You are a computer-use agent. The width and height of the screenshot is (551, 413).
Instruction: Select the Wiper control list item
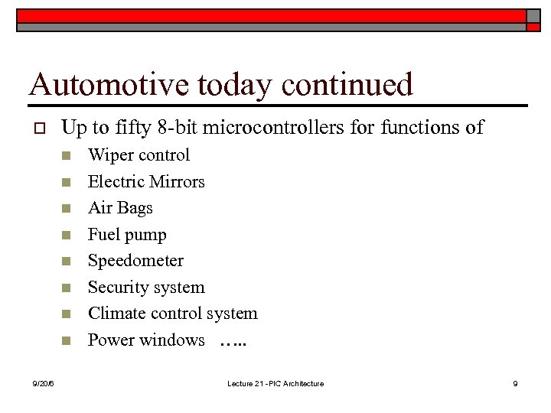(139, 155)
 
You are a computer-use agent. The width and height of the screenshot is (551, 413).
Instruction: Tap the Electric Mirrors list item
(146, 182)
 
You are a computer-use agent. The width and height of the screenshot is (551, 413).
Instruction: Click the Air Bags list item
(120, 208)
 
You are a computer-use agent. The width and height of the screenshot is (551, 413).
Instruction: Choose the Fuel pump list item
(127, 235)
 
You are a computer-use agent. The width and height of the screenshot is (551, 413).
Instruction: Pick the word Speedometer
(135, 261)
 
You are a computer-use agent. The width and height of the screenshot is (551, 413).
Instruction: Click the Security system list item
(146, 288)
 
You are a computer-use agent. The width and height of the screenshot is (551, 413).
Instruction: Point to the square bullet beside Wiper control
(67, 156)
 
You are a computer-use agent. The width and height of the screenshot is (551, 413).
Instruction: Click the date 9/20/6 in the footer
(43, 383)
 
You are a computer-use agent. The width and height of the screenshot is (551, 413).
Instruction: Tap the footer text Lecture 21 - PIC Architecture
(275, 383)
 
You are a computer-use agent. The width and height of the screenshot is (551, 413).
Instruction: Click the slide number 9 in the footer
(515, 383)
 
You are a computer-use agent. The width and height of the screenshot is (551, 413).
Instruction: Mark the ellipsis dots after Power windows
(233, 343)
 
